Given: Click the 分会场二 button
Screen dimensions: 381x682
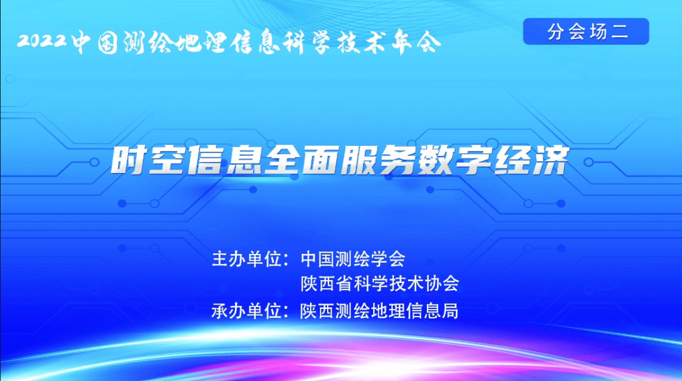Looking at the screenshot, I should point(586,32).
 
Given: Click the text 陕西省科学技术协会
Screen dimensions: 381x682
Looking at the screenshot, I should point(380,284).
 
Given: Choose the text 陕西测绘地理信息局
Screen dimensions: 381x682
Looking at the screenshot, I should point(380,310).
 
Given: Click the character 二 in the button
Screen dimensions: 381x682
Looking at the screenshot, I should point(620,32).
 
